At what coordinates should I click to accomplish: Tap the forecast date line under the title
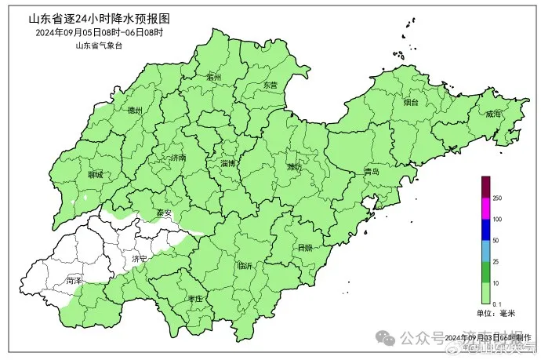pyautogui.click(x=99, y=32)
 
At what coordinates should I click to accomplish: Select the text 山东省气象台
pyautogui.click(x=99, y=45)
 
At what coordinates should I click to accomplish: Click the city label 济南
pyautogui.click(x=178, y=158)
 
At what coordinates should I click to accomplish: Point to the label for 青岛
pyautogui.click(x=372, y=171)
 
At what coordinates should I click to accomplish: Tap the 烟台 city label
pyautogui.click(x=411, y=102)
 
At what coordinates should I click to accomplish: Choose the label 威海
pyautogui.click(x=493, y=114)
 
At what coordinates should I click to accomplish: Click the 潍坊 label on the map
pyautogui.click(x=294, y=166)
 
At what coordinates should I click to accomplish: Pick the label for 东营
pyautogui.click(x=270, y=84)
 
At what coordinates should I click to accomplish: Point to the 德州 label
pyautogui.click(x=135, y=111)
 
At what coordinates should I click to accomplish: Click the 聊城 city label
pyautogui.click(x=96, y=174)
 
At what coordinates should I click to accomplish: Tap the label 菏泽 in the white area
pyautogui.click(x=74, y=279)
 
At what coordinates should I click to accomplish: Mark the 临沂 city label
pyautogui.click(x=245, y=266)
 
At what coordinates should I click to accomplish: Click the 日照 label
pyautogui.click(x=304, y=248)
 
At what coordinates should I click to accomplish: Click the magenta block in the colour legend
pyautogui.click(x=485, y=208)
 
